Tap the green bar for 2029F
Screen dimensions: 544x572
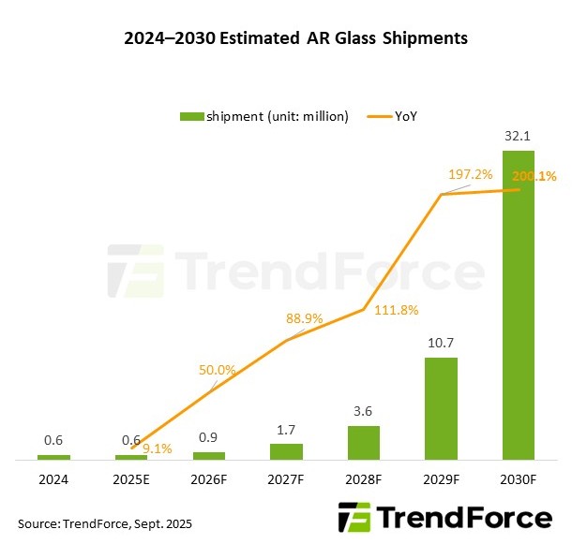pos(441,408)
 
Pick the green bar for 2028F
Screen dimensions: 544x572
pos(364,443)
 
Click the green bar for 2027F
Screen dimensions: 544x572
pos(286,451)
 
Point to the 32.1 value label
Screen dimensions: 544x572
pos(518,137)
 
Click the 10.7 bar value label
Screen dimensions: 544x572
pos(441,343)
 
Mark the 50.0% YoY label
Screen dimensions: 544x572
pos(218,371)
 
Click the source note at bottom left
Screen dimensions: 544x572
pos(105,522)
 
